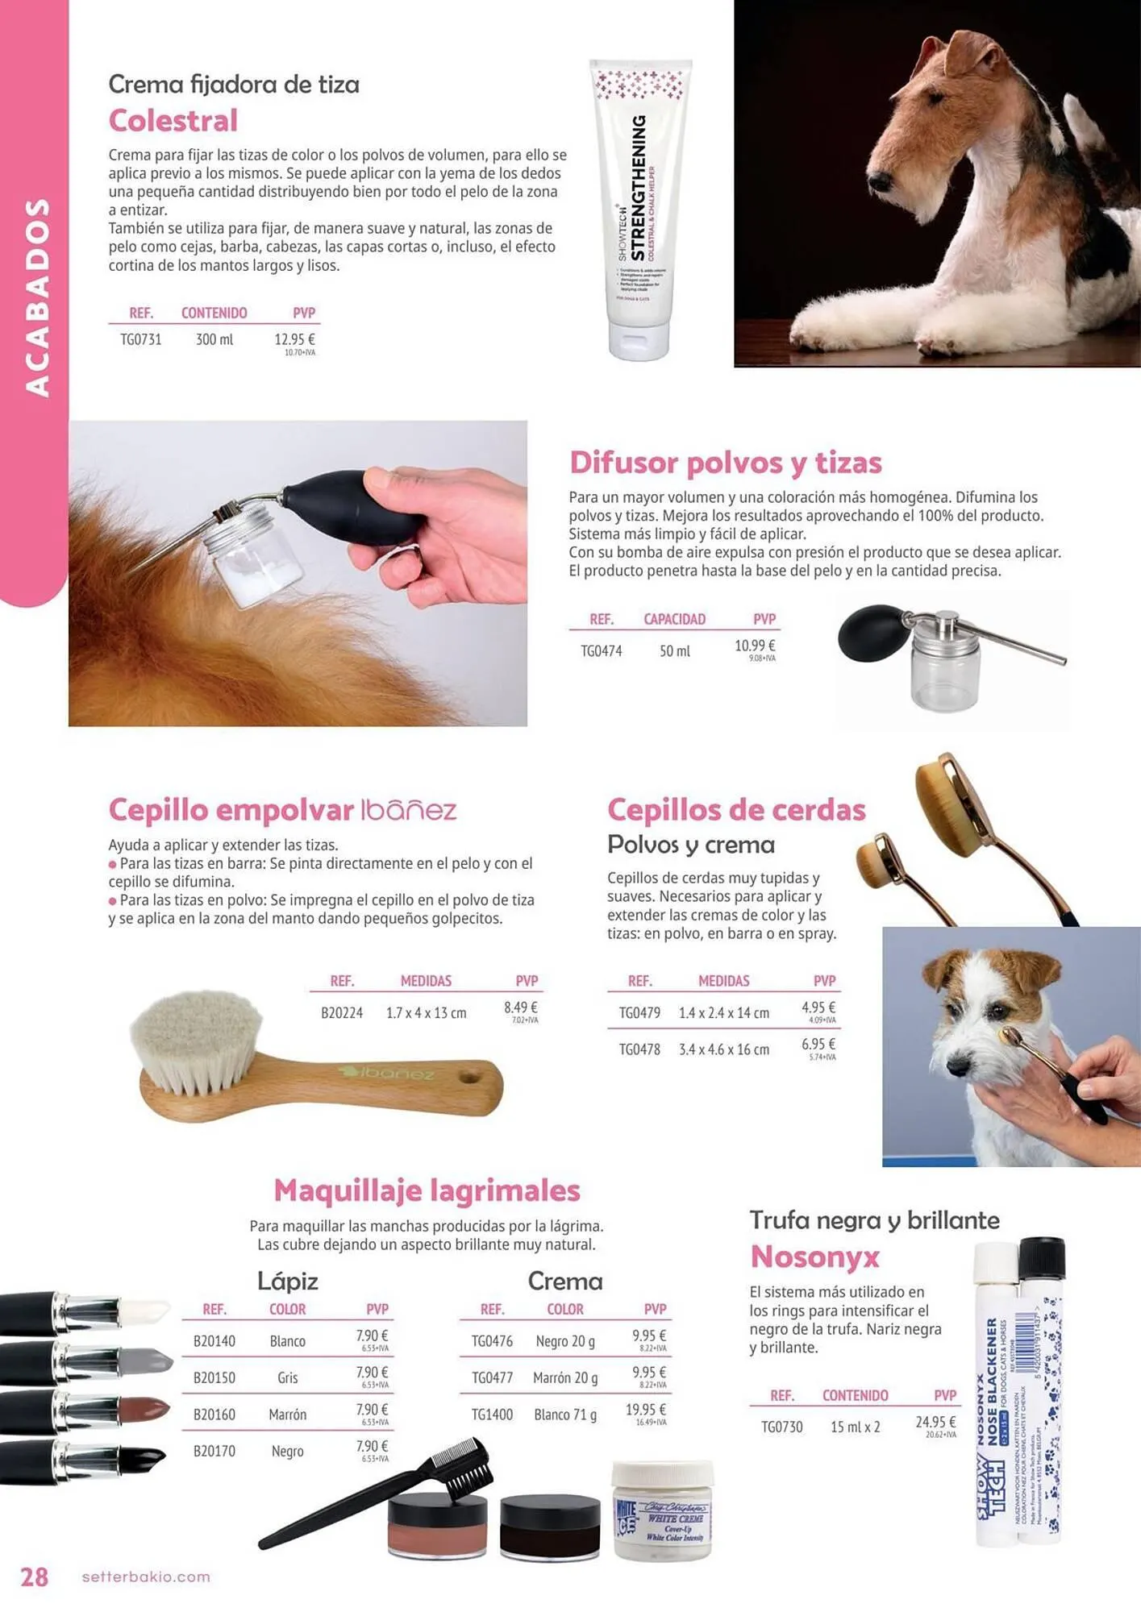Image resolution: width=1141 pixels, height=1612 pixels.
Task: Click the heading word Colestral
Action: [x=173, y=121]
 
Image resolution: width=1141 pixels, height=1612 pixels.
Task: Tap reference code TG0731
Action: [x=141, y=339]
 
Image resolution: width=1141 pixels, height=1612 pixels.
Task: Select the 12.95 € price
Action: [x=294, y=339]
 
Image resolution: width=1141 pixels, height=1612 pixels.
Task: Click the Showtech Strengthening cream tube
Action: [x=641, y=210]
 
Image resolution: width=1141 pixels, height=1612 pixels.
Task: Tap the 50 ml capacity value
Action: [x=675, y=650]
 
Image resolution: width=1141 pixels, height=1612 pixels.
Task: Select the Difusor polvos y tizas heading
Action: [x=726, y=463]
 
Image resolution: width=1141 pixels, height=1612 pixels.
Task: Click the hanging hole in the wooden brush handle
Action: [x=468, y=1076]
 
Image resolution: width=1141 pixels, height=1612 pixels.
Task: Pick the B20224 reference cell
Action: [x=342, y=1012]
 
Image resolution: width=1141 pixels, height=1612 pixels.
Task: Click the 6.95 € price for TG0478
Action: [x=818, y=1045]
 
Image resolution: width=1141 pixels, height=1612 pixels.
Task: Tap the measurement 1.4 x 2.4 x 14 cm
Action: [x=723, y=1012]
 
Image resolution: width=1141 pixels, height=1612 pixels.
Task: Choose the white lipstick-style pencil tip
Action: [x=145, y=1311]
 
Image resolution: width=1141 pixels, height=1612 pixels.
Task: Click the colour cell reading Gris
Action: [x=288, y=1377]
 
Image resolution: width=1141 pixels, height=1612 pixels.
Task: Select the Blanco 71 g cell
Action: [x=565, y=1415]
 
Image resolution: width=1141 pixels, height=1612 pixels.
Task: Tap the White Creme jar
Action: [x=663, y=1512]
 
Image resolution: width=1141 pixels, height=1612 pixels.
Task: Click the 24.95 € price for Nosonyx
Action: [x=935, y=1422]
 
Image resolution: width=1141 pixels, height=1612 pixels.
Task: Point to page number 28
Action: [x=35, y=1577]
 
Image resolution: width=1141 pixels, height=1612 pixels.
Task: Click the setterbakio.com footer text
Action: [x=146, y=1577]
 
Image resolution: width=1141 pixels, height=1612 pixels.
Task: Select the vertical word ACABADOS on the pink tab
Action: [x=36, y=298]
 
